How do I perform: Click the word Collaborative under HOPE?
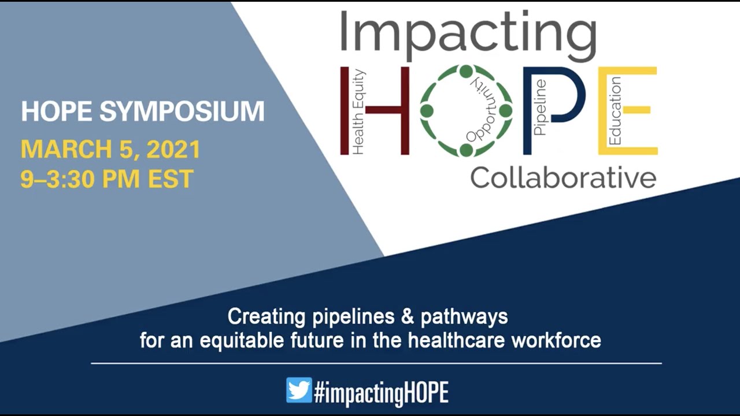click(563, 178)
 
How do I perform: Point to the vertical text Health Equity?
click(358, 112)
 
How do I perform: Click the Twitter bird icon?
click(299, 390)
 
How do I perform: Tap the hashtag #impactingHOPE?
click(381, 392)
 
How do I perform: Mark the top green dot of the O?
click(466, 71)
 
